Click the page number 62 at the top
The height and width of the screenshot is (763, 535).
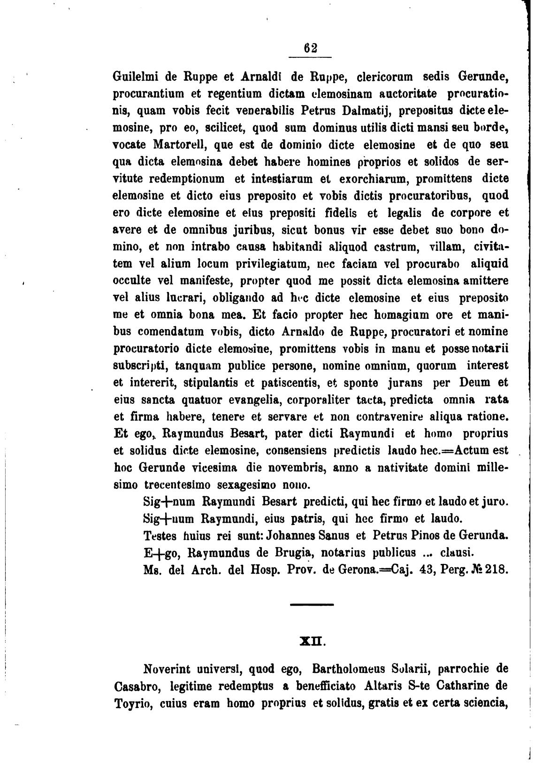310,48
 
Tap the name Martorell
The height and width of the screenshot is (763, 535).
181,145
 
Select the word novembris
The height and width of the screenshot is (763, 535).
271,468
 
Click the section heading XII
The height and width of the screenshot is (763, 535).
310,640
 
